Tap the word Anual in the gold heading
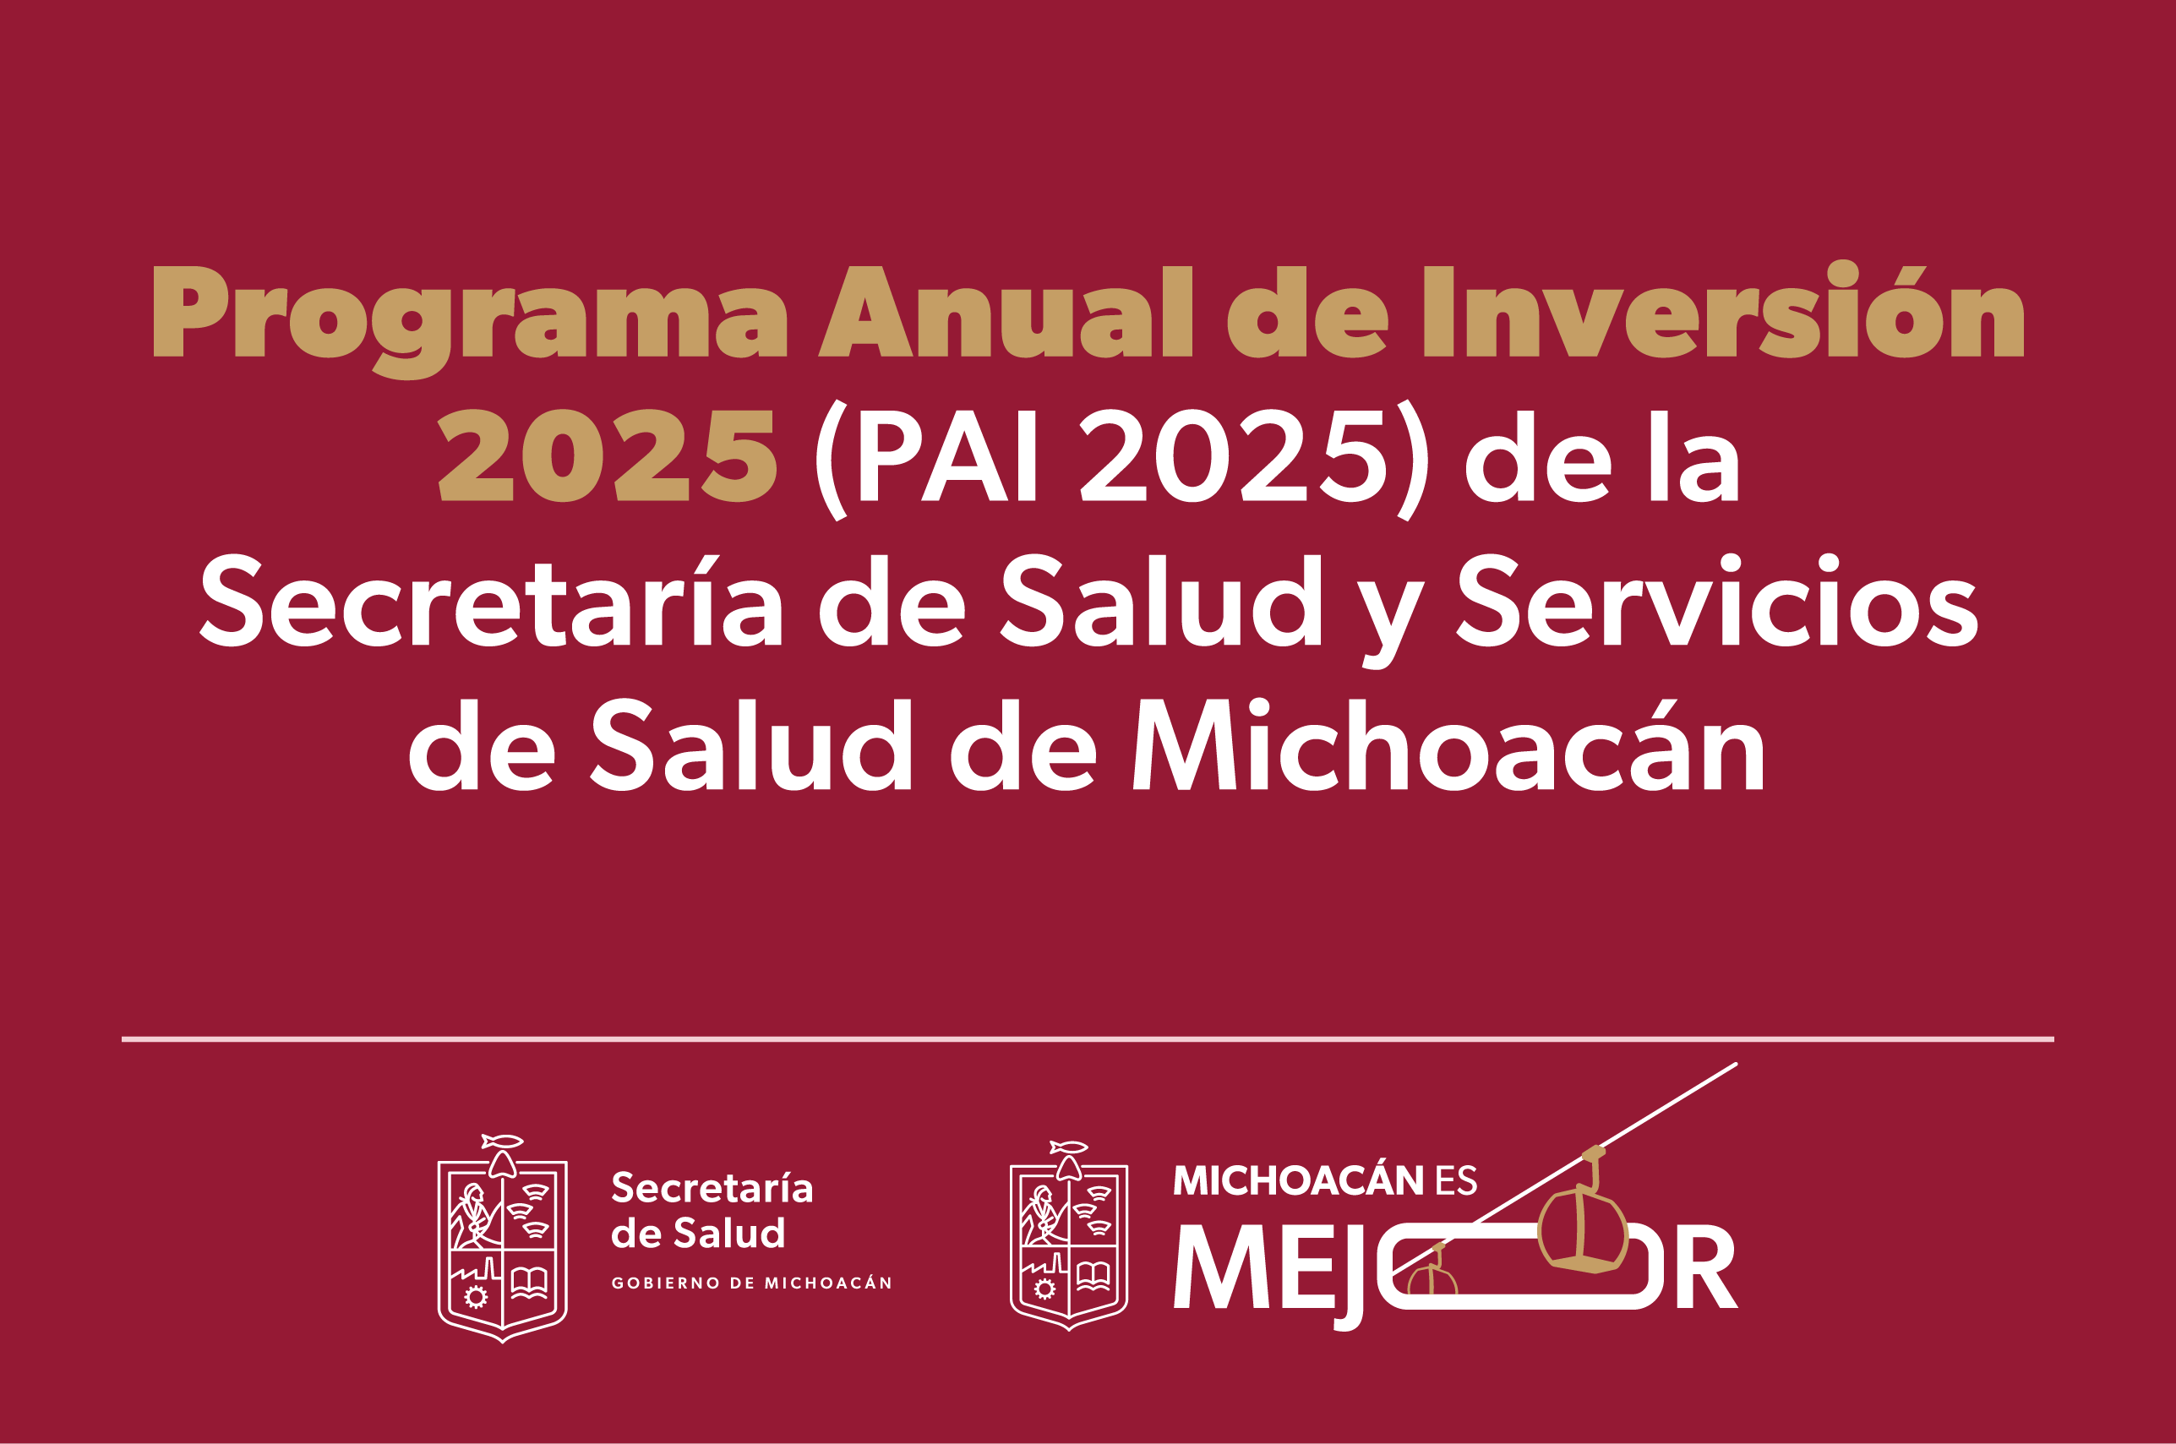[x=1006, y=311]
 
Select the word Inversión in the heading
[x=1723, y=309]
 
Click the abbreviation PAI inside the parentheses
[x=948, y=456]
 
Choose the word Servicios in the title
[x=1716, y=601]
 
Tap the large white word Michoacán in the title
[x=1448, y=744]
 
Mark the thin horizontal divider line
[x=1088, y=1038]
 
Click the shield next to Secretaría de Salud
[x=502, y=1239]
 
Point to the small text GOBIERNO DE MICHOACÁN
[x=751, y=1283]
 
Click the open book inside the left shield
[x=530, y=1281]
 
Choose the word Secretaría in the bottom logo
[x=712, y=1187]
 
